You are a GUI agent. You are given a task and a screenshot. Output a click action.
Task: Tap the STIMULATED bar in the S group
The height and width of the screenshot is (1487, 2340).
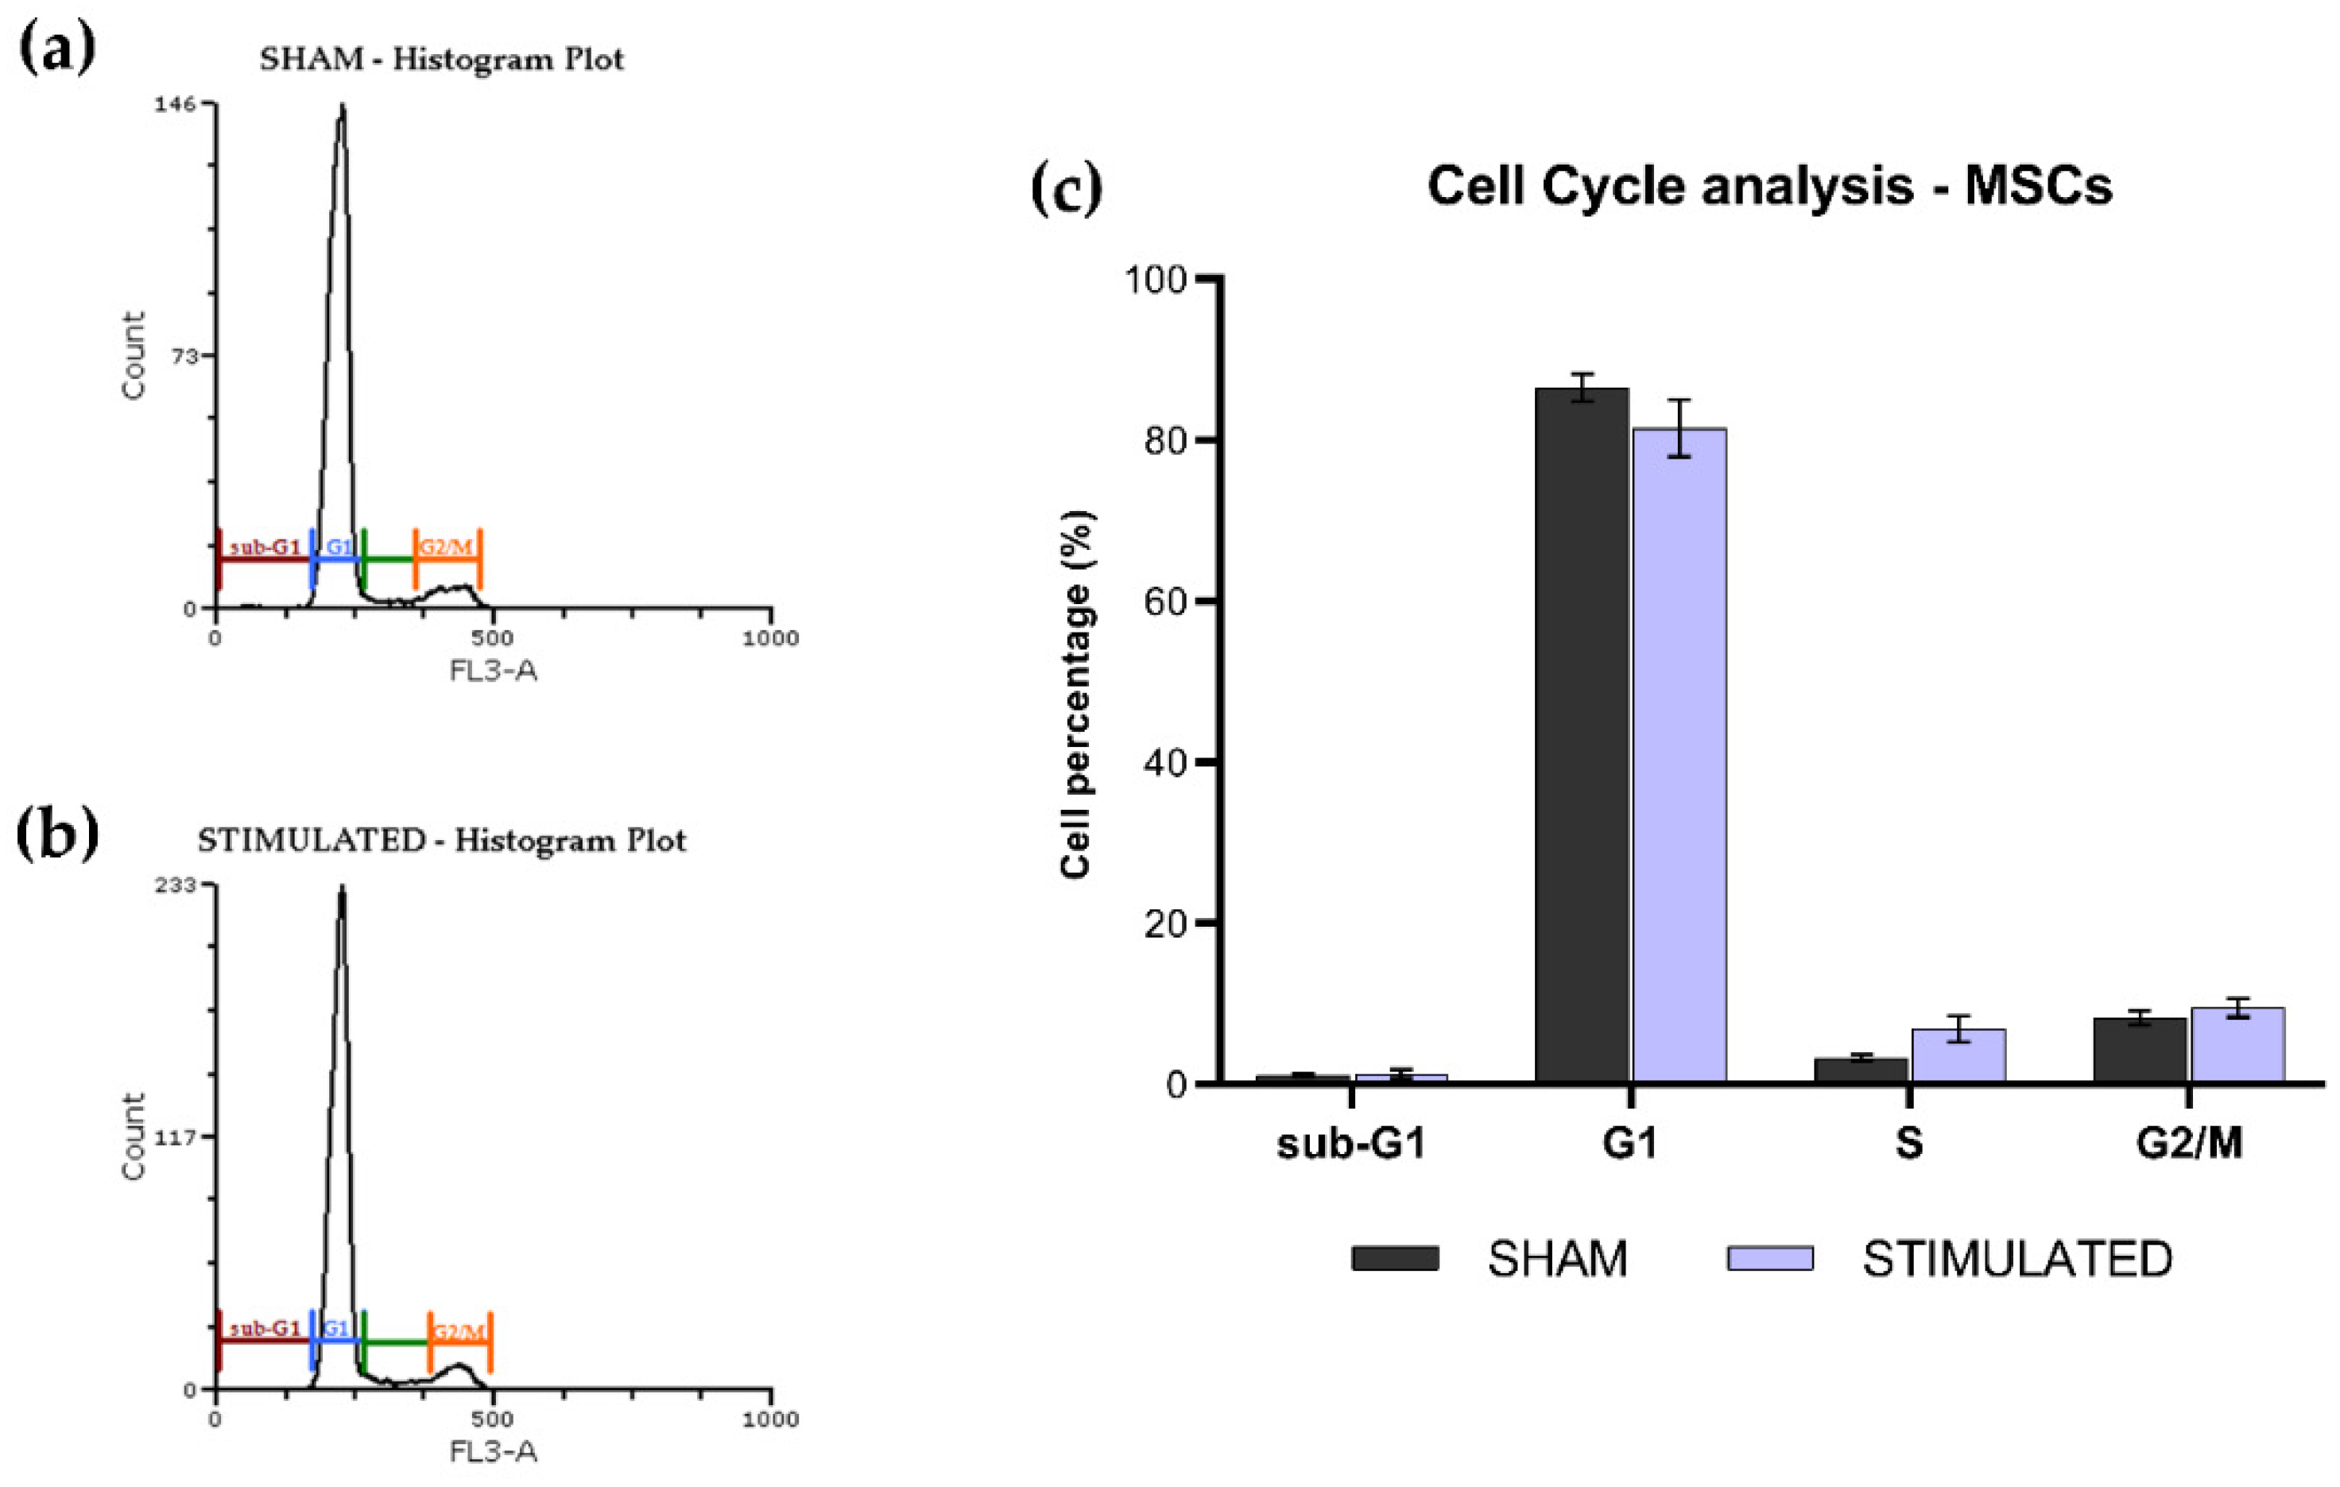[x=1958, y=1056]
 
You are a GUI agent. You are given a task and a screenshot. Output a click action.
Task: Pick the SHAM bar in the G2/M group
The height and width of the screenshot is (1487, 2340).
[x=2140, y=1051]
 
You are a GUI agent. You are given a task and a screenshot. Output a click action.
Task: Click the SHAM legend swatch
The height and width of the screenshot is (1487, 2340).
[x=1394, y=1259]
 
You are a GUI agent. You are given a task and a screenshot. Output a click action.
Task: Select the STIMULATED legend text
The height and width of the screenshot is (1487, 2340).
[x=2017, y=1260]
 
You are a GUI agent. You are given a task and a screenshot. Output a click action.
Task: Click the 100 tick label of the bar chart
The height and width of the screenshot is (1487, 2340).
[x=1156, y=280]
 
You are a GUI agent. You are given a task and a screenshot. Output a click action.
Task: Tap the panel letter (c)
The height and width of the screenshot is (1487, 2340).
[x=1066, y=188]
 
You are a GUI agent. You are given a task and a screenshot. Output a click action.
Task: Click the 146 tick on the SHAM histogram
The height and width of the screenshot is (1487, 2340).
[x=174, y=104]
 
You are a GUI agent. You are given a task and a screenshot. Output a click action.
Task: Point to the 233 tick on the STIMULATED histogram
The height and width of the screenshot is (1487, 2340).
[x=174, y=885]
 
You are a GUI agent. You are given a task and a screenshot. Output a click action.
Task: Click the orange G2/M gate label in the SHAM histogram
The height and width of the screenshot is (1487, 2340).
[x=445, y=547]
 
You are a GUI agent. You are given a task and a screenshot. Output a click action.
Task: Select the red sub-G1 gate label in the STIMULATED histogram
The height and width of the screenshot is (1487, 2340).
[x=265, y=1329]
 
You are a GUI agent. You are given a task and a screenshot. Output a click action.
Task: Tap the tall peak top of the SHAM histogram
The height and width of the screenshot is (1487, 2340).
[x=341, y=110]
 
